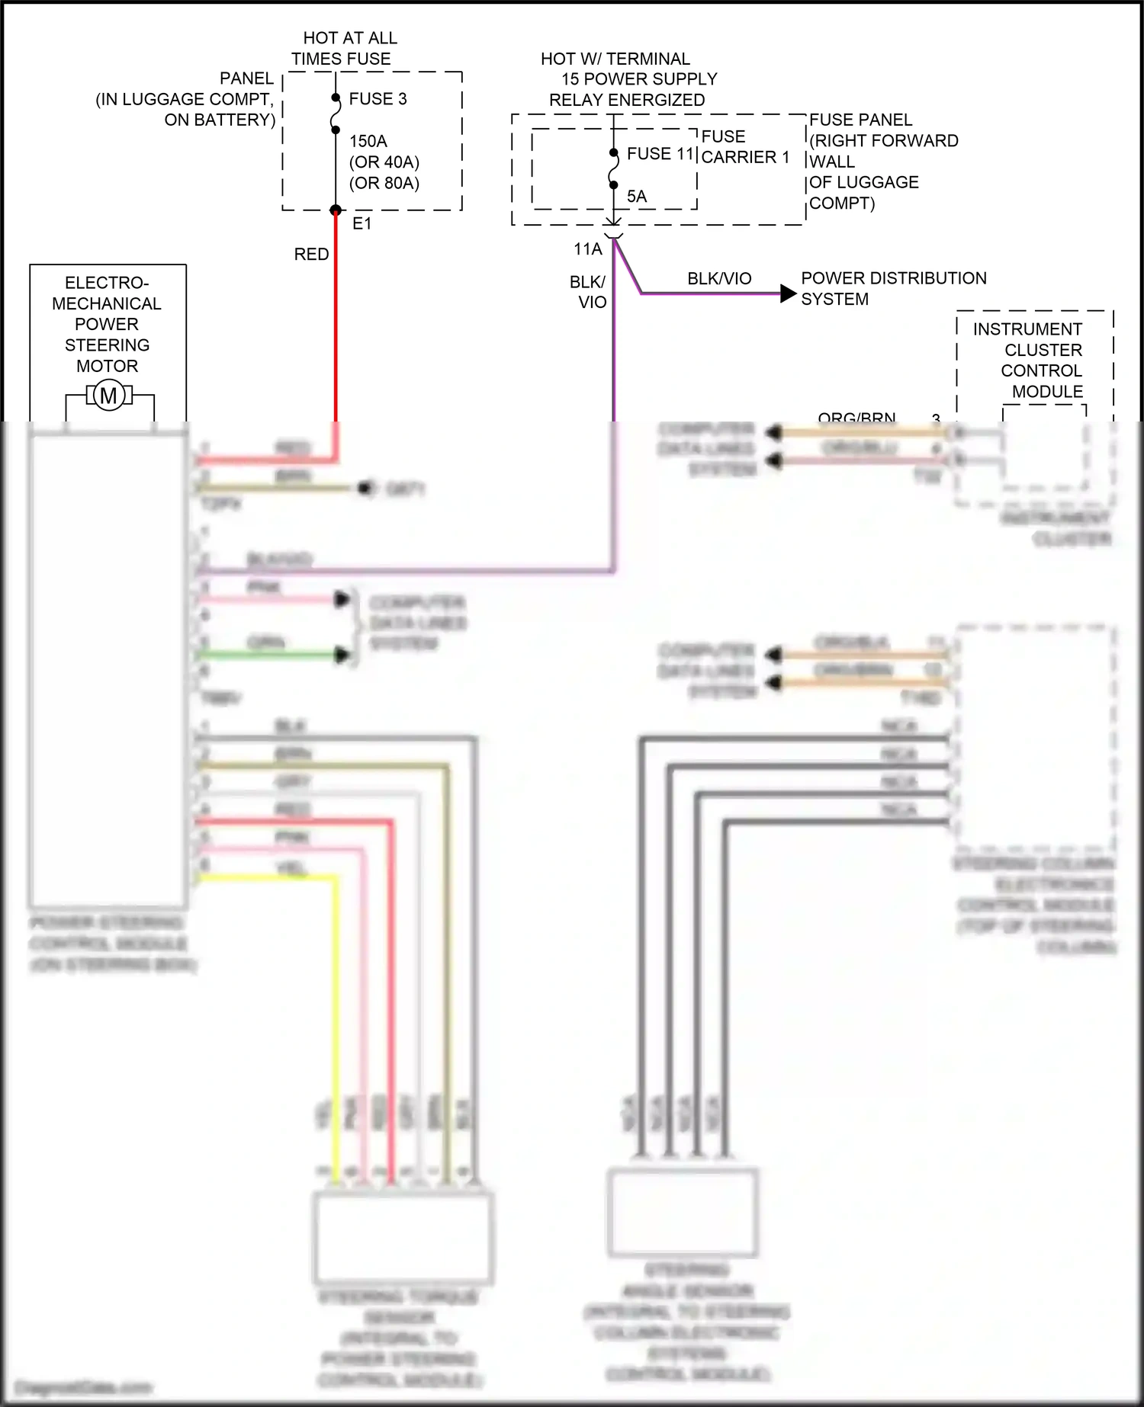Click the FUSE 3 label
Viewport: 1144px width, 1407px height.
378,99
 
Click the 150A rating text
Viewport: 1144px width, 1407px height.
368,141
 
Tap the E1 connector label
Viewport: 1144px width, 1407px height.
362,223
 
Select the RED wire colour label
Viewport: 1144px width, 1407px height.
311,255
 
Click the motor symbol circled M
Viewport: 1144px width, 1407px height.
109,396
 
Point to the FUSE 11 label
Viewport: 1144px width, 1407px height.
659,154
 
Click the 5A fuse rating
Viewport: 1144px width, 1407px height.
636,197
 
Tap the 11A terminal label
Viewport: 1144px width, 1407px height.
587,249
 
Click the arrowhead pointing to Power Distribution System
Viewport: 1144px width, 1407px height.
788,293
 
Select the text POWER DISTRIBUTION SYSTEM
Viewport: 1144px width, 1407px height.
892,289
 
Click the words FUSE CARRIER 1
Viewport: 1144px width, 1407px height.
744,147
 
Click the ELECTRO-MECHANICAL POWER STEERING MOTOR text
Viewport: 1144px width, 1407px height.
107,324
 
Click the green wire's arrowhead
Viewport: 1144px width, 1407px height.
342,654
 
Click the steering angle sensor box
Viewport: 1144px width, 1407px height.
682,1212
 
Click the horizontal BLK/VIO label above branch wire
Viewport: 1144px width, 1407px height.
718,279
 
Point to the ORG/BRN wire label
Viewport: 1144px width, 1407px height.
856,418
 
